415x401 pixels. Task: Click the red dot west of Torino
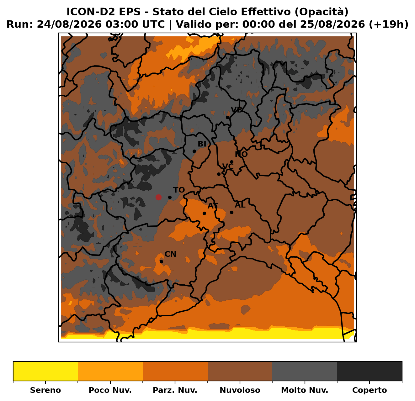pyautogui.click(x=158, y=197)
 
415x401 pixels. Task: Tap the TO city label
pyautogui.click(x=179, y=190)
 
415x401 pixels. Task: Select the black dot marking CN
pyautogui.click(x=162, y=261)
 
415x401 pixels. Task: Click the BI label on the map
pyautogui.click(x=202, y=144)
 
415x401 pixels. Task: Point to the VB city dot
pyautogui.click(x=227, y=117)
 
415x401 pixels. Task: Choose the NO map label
pyautogui.click(x=241, y=154)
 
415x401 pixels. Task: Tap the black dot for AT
pyautogui.click(x=204, y=213)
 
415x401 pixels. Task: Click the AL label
pyautogui.click(x=240, y=205)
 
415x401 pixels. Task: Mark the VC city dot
pyautogui.click(x=219, y=174)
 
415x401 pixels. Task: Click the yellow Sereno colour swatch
pyautogui.click(x=45, y=371)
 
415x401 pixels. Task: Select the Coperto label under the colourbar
pyautogui.click(x=370, y=390)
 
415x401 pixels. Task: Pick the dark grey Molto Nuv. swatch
pyautogui.click(x=305, y=371)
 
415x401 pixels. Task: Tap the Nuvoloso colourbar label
pyautogui.click(x=240, y=390)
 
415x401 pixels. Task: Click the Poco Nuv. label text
pyautogui.click(x=110, y=390)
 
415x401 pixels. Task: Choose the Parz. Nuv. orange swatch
pyautogui.click(x=175, y=371)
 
